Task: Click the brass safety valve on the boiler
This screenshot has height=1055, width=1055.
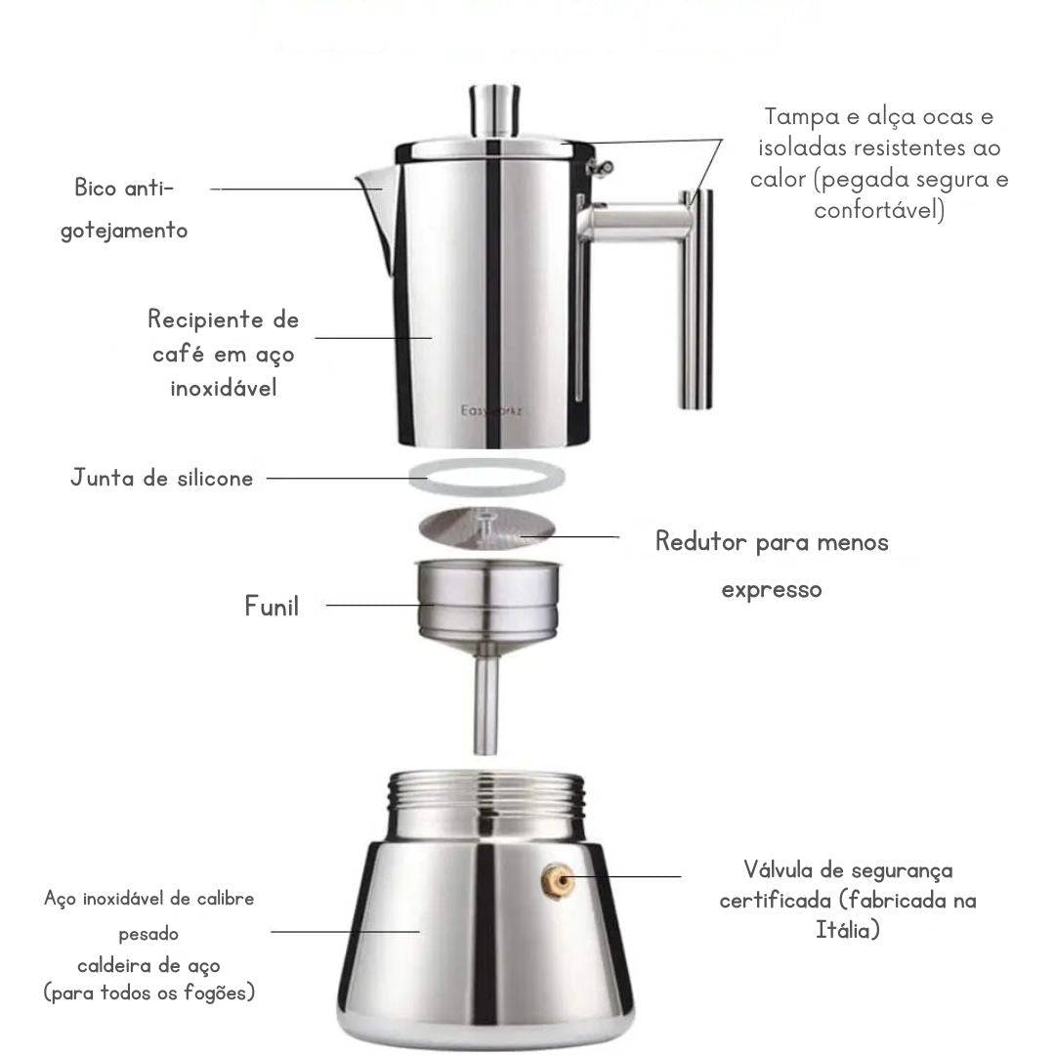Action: (559, 881)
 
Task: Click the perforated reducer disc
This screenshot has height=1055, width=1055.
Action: (487, 528)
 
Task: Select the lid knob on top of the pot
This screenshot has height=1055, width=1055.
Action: (494, 109)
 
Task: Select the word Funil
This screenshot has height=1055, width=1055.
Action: (272, 607)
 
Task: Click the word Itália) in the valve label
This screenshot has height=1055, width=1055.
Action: (848, 930)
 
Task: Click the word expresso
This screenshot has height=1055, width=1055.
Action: (772, 590)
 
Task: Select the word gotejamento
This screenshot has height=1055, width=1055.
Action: (124, 232)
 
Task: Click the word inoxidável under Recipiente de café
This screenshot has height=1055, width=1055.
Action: (224, 388)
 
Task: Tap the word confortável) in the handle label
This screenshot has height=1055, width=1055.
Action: (879, 211)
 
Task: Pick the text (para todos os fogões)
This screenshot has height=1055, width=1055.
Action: (149, 993)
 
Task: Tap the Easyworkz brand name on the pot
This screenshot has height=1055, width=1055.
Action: (491, 411)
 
